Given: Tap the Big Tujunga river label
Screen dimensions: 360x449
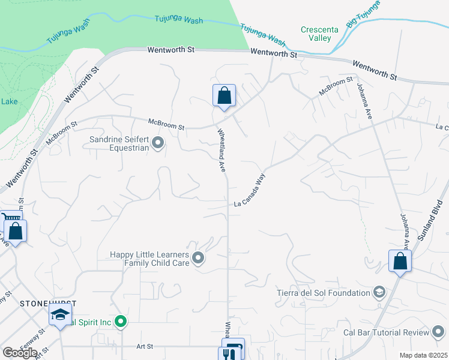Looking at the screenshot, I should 364,14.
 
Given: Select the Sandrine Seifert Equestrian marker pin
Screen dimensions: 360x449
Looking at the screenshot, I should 158,143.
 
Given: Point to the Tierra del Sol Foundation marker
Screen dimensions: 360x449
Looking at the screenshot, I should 379,293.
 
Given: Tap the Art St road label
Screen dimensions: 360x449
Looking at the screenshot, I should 145,346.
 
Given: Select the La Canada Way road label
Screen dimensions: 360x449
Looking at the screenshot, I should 249,191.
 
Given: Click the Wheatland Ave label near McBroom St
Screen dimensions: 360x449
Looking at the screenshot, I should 221,150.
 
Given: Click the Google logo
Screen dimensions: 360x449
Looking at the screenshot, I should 20,352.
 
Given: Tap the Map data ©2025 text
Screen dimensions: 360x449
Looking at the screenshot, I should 424,355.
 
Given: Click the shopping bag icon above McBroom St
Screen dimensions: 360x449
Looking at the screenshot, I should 224,95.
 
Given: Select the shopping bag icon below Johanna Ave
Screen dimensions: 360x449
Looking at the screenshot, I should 400,261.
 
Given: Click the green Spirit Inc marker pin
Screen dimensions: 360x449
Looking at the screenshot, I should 121,322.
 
